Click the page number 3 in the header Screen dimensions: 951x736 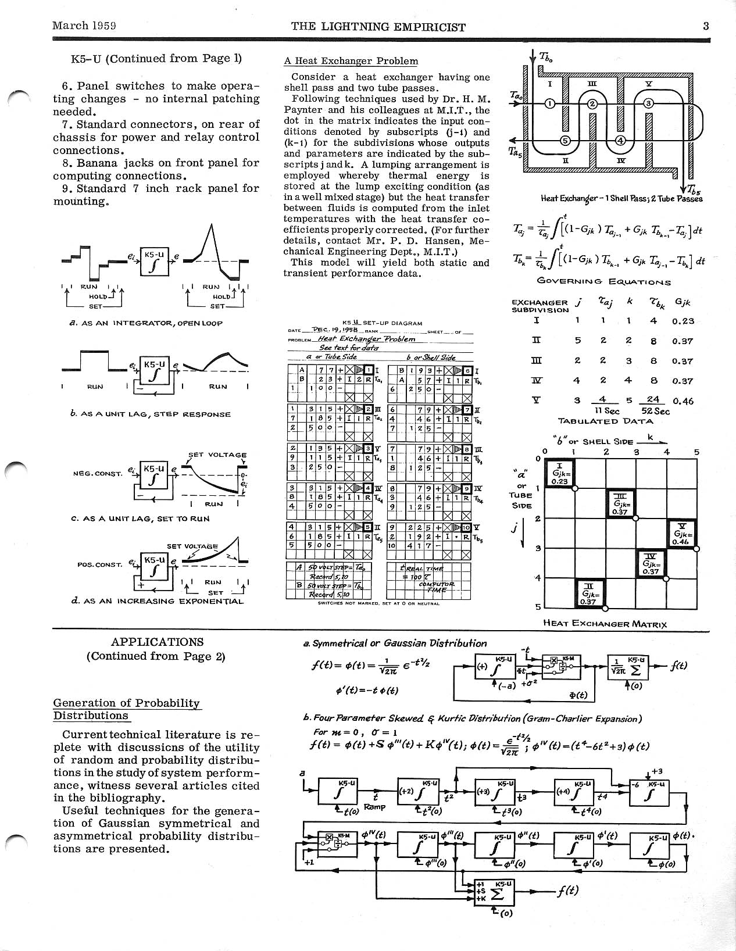click(705, 26)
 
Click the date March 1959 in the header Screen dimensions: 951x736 click(84, 26)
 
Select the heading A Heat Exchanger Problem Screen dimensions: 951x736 click(351, 61)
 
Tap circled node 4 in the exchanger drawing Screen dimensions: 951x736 click(620, 140)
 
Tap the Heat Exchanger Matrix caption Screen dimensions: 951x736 click(605, 624)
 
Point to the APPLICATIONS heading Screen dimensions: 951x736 click(157, 642)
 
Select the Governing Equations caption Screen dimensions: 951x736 click(604, 282)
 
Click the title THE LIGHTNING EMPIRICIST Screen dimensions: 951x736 click(378, 27)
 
